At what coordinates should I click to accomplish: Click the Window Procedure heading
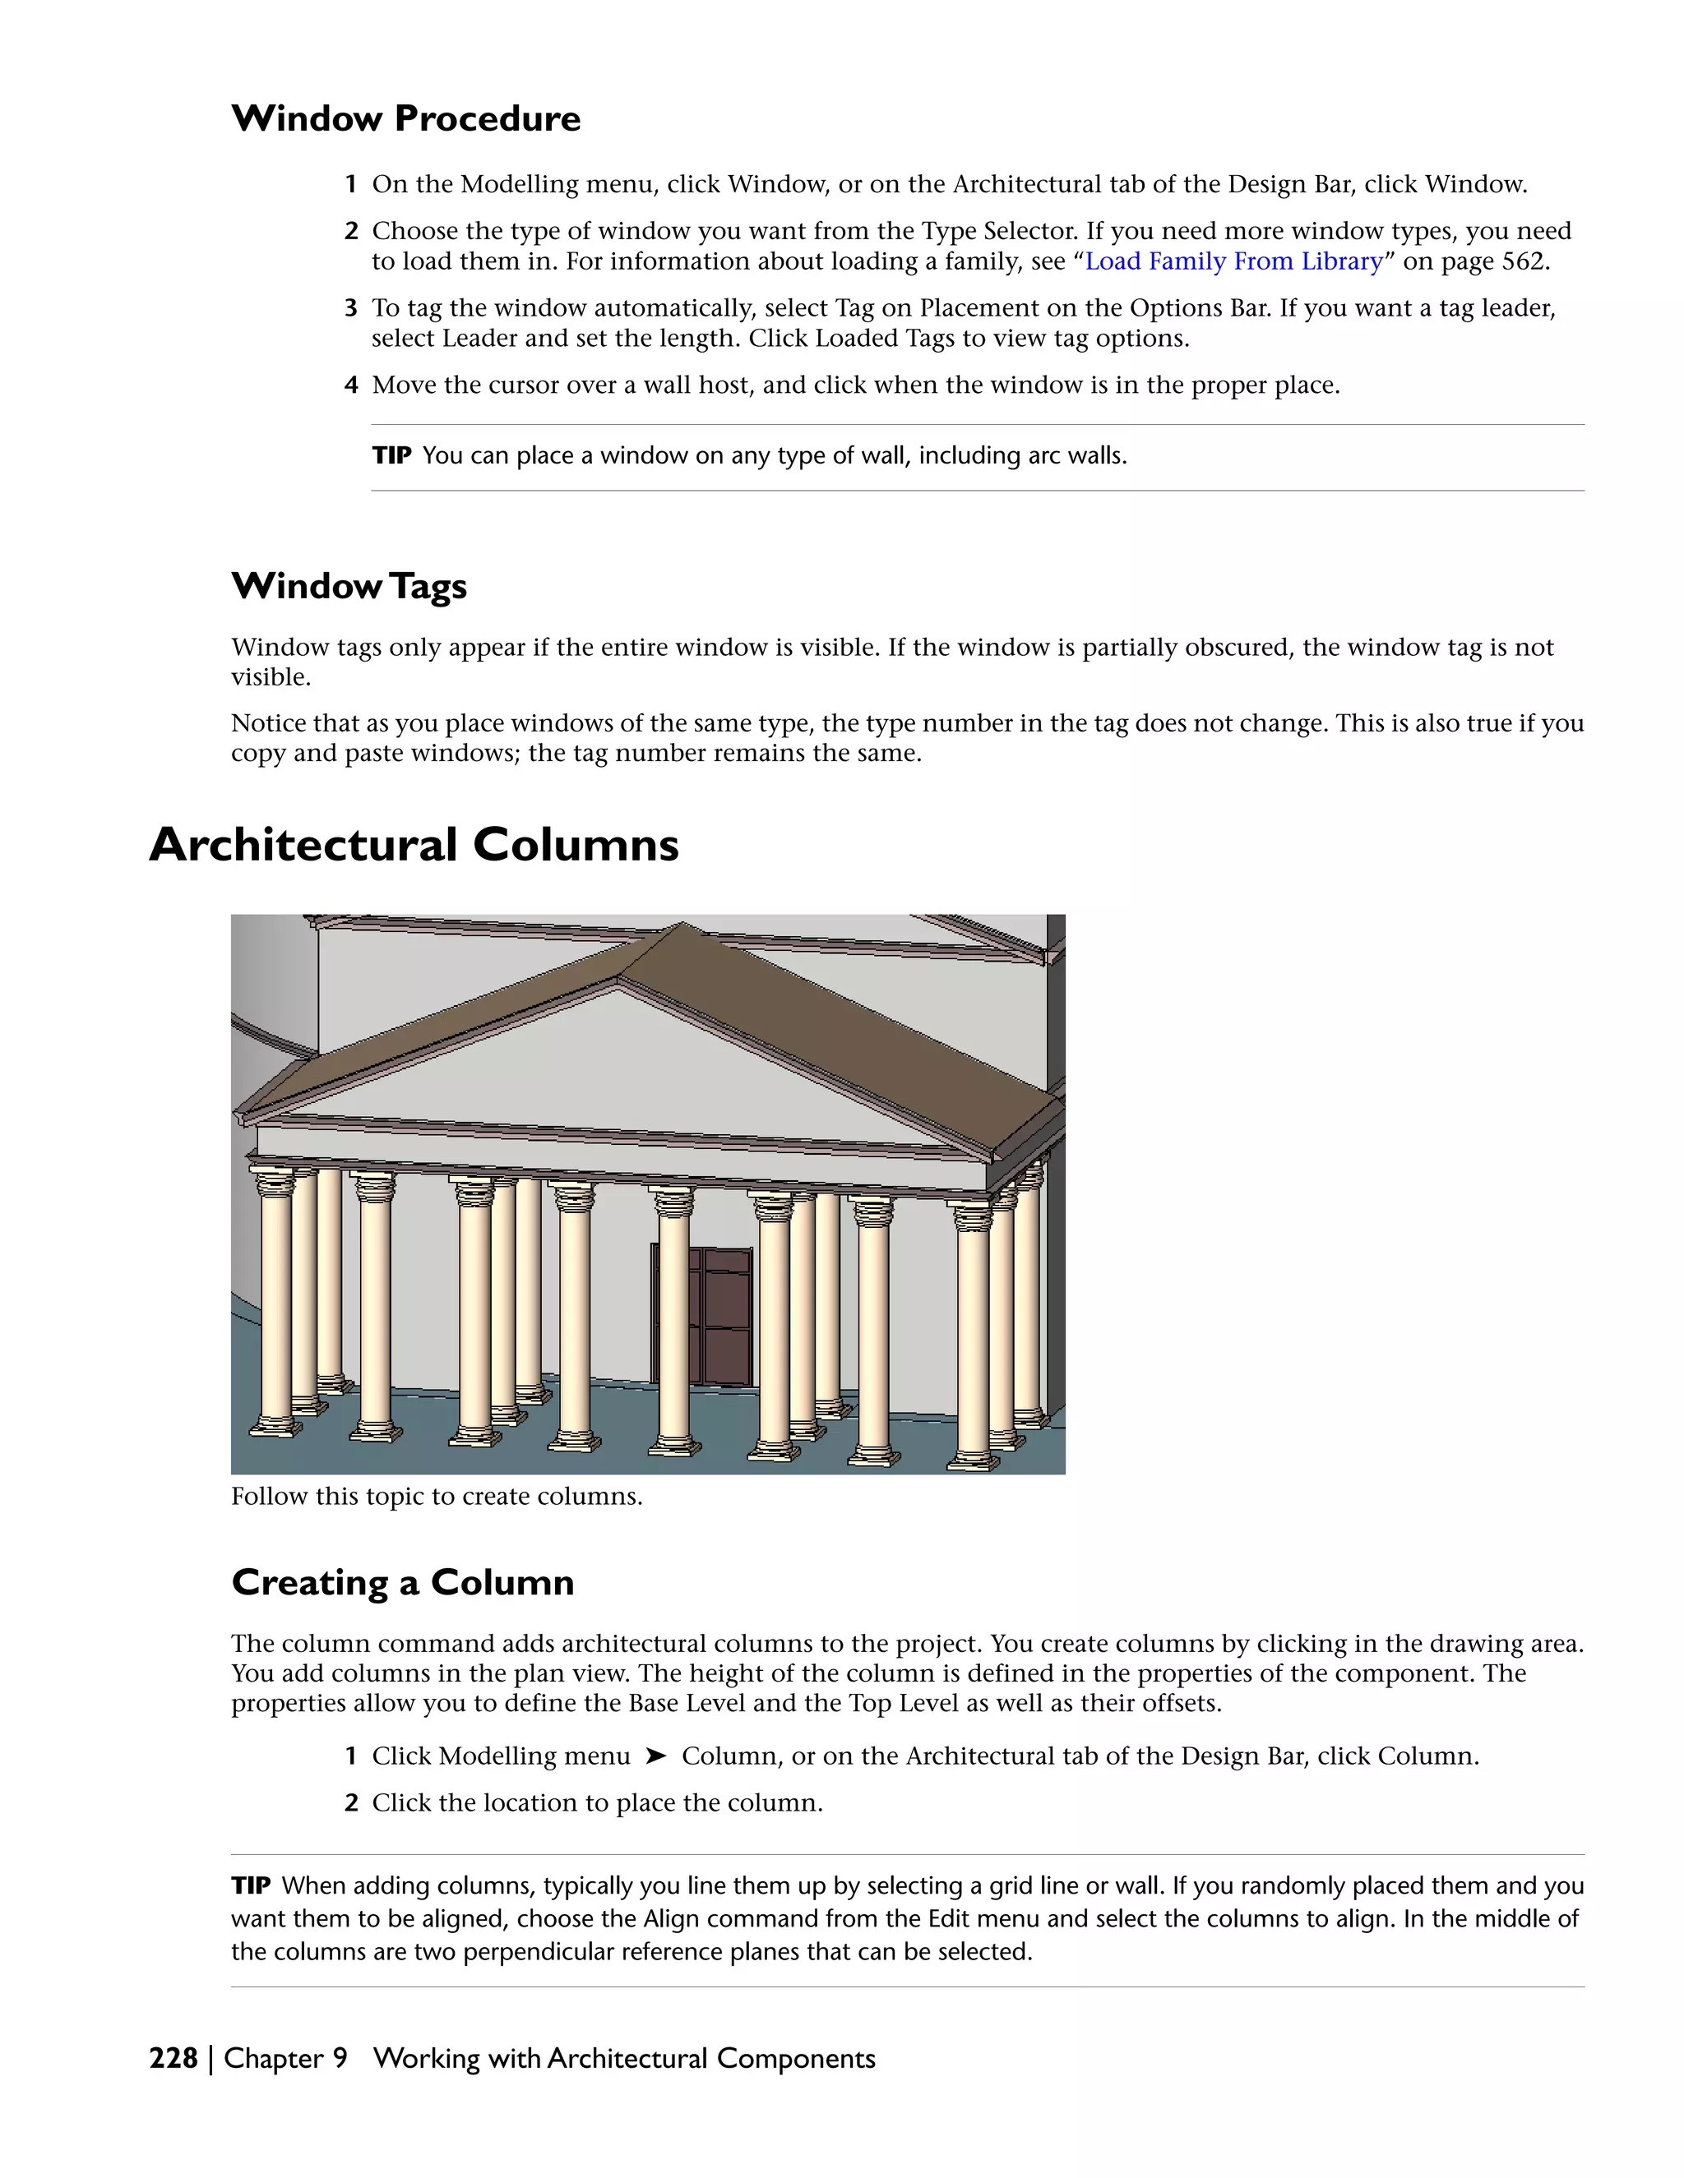click(405, 118)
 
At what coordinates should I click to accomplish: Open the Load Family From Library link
click(1233, 261)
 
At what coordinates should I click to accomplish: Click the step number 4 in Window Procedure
click(351, 385)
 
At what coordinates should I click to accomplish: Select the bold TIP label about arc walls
click(391, 456)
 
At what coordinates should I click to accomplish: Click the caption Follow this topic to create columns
click(436, 1496)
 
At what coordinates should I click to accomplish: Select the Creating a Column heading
click(402, 1583)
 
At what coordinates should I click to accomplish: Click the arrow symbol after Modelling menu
click(655, 1756)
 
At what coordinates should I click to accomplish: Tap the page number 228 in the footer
click(173, 2058)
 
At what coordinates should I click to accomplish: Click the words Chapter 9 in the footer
click(285, 2058)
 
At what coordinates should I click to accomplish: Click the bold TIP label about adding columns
click(251, 1885)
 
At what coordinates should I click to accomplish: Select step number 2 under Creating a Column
click(351, 1803)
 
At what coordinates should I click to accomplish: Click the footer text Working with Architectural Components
click(623, 2058)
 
